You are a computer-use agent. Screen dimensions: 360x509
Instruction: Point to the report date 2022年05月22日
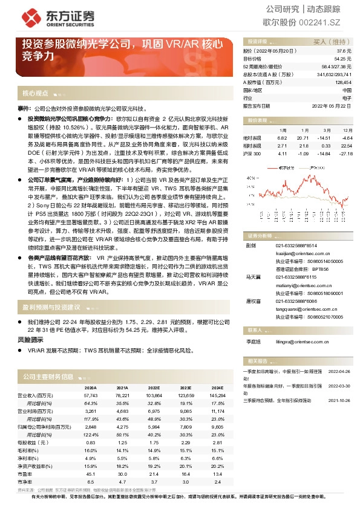(x=332, y=105)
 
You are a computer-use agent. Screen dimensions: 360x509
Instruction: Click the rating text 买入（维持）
(x=332, y=42)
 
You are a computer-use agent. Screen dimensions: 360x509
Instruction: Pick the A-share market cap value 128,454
(x=342, y=82)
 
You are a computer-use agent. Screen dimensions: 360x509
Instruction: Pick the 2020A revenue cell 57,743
(x=90, y=394)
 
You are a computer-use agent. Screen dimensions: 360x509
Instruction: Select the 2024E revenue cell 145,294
(x=217, y=394)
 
